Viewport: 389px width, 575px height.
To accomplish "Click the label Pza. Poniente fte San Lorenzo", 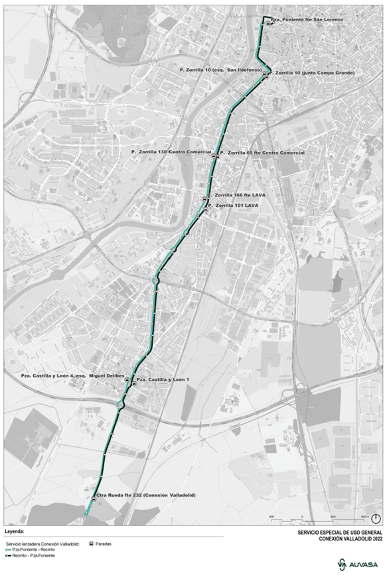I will [307, 21].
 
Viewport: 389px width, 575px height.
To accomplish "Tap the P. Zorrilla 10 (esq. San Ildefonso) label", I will [221, 70].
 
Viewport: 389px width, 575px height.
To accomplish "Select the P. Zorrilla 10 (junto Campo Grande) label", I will [314, 72].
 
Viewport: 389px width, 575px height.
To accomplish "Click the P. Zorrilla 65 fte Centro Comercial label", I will [263, 153].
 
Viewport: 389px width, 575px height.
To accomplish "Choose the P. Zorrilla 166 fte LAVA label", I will [240, 196].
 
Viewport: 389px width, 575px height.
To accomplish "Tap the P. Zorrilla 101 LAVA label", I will [235, 206].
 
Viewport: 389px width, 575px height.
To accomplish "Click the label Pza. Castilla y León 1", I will [163, 379].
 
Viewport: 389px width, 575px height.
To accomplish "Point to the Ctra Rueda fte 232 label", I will [141, 495].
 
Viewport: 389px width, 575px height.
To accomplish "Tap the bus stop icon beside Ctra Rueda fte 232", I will [92, 499].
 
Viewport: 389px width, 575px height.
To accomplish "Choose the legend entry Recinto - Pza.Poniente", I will [33, 556].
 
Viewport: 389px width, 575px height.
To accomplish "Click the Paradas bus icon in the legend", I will [90, 544].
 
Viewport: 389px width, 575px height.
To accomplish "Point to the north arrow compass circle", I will [376, 519].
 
